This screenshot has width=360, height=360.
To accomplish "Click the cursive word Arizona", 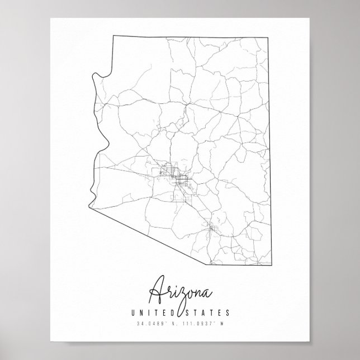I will tap(181, 290).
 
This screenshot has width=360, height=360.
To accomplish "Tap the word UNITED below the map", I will tap(150, 313).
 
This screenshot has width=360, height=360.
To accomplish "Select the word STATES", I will tap(209, 313).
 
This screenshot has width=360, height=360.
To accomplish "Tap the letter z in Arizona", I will tap(182, 293).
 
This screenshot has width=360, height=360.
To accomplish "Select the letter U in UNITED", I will tap(132, 313).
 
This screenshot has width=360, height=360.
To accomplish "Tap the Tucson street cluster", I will tap(212, 228).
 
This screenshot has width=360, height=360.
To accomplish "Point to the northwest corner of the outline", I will tap(114, 36).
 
